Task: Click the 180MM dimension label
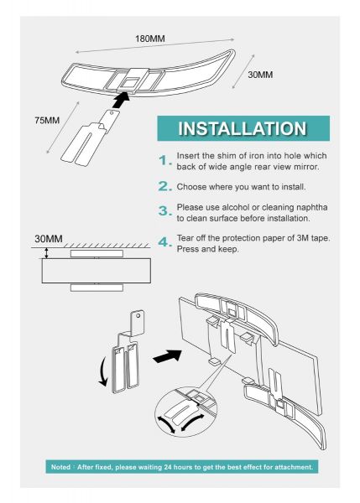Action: [149, 39]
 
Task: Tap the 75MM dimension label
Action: [47, 120]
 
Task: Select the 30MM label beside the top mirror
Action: [260, 75]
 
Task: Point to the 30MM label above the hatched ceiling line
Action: [49, 239]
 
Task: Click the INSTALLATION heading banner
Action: [243, 128]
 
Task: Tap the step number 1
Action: [165, 160]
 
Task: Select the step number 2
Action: [165, 186]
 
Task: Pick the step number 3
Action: [165, 211]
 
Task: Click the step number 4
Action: [165, 242]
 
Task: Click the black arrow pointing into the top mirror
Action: [122, 100]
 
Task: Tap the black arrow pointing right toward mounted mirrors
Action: [167, 356]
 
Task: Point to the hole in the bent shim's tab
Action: [138, 316]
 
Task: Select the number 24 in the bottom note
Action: [169, 467]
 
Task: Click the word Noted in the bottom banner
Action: [60, 467]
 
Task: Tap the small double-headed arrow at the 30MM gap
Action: [47, 253]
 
